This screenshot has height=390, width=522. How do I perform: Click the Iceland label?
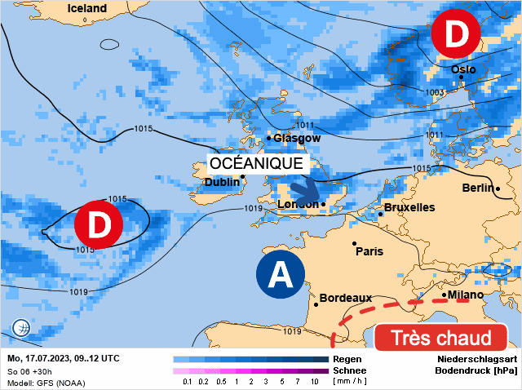[x=87, y=8]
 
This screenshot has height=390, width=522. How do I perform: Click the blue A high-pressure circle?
[x=280, y=275]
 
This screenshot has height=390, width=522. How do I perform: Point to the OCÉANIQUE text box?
[x=256, y=163]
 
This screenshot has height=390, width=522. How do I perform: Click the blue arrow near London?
[x=305, y=193]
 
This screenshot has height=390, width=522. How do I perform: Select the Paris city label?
[x=369, y=251]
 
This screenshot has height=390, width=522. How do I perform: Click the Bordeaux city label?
[x=346, y=298]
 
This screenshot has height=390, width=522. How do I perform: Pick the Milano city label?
[x=465, y=295]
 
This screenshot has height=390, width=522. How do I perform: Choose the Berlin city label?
[x=477, y=188]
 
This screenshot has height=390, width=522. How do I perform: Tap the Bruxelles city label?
[x=409, y=208]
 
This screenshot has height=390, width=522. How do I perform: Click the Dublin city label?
[x=222, y=182]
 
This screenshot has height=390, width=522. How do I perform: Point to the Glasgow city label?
[x=297, y=139]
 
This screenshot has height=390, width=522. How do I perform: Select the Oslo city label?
[x=463, y=70]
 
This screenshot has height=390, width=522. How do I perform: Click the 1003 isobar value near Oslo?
[x=436, y=93]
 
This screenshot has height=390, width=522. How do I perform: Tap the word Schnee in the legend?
[x=349, y=370]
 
